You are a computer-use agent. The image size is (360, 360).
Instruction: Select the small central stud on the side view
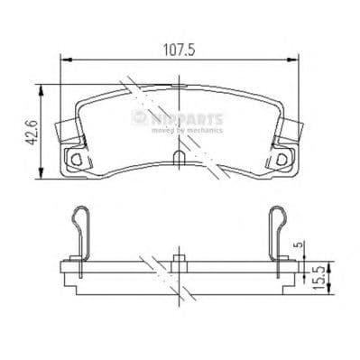179,262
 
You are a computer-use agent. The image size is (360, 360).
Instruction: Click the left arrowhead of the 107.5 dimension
64,60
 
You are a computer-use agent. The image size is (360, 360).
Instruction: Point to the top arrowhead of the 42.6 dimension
40,88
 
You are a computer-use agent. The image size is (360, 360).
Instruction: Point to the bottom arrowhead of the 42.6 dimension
40,174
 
